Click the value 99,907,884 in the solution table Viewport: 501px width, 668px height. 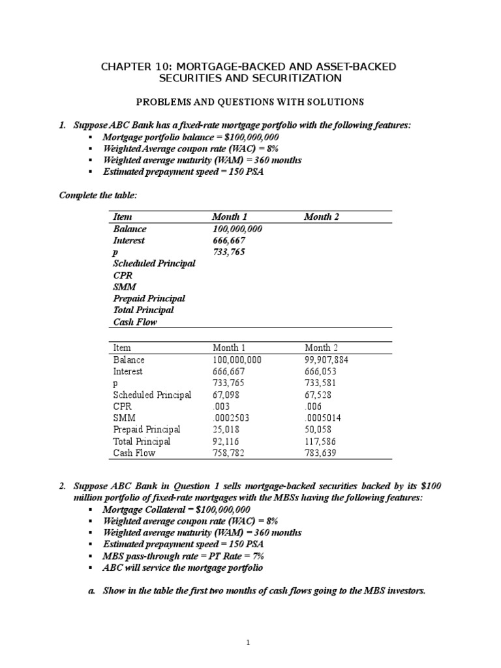point(329,359)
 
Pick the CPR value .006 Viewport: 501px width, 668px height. point(313,406)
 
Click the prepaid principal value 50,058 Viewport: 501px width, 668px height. point(320,430)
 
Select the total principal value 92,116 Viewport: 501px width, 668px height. point(226,442)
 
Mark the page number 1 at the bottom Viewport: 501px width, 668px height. point(249,643)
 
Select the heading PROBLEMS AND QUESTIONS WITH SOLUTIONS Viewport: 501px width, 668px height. point(250,102)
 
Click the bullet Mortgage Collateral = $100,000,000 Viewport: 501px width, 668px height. point(176,509)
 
